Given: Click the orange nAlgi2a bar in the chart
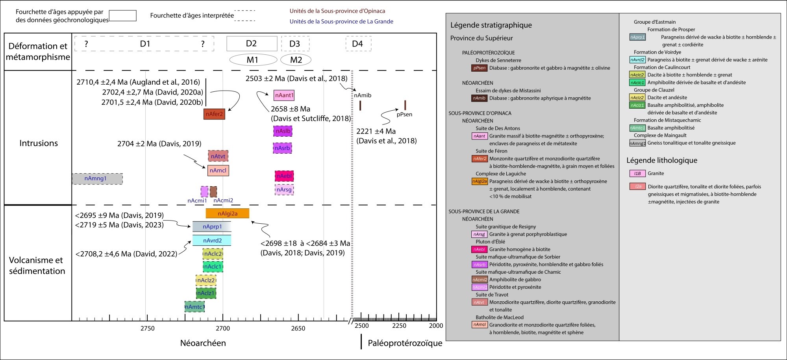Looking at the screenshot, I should tap(227, 213).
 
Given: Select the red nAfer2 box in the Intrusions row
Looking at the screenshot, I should tap(214, 114).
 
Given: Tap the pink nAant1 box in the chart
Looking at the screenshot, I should tap(284, 95).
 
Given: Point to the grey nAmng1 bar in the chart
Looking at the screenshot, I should tap(97, 178).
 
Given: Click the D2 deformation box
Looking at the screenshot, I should tap(252, 44).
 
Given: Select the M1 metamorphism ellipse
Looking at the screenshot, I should tap(253, 60).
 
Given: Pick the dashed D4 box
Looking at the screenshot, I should tap(358, 44).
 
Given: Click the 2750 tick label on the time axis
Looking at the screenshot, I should tap(147, 328).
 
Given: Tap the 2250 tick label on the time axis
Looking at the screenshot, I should tap(399, 326).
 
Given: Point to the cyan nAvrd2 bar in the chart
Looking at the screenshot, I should tap(212, 240).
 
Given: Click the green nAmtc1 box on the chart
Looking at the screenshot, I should tap(194, 307).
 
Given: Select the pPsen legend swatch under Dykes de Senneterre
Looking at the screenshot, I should tap(479, 68).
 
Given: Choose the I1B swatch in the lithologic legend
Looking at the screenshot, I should tap(637, 173).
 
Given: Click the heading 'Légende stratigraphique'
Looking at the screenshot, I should tap(491, 25).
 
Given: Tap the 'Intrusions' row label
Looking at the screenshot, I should tap(39, 143).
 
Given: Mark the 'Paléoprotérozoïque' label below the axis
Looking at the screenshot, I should tap(405, 343).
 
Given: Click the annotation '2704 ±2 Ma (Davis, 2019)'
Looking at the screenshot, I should tap(159, 144).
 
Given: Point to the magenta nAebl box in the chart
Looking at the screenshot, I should tap(284, 176).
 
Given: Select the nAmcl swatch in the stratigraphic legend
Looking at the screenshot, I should tap(479, 325).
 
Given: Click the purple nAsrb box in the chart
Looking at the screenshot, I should tap(282, 148).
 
